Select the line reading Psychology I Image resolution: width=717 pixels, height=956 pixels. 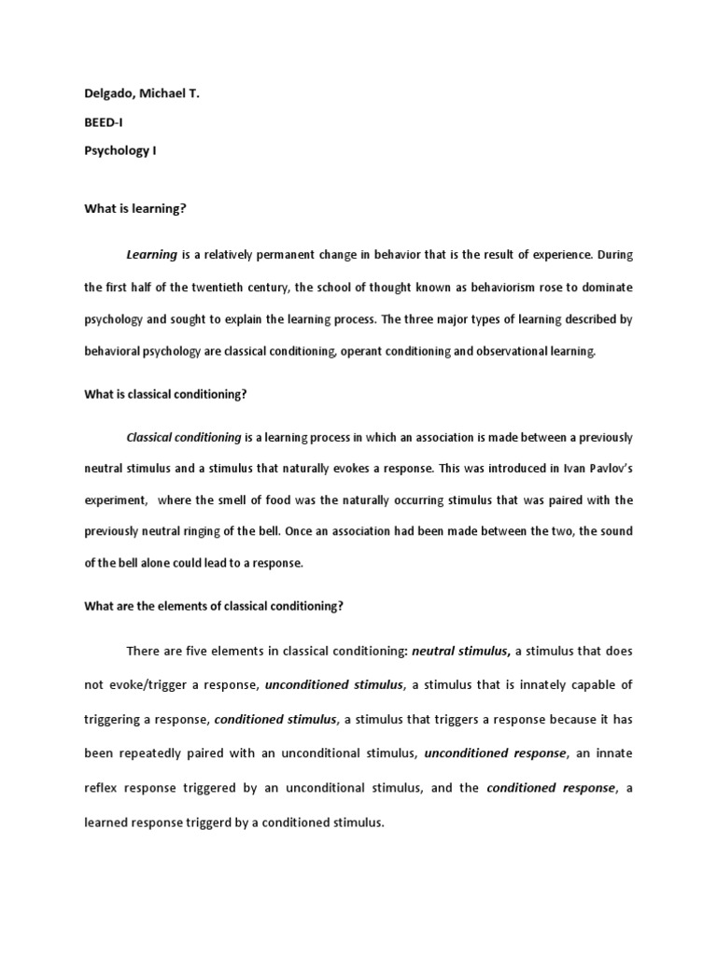point(120,150)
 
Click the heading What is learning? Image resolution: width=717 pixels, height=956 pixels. point(135,208)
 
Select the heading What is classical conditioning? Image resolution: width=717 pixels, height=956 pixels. point(165,394)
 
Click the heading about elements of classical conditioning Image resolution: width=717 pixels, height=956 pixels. point(214,606)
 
